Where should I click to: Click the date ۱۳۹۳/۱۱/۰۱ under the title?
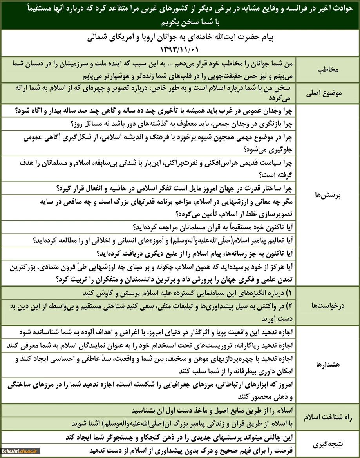point(180,49)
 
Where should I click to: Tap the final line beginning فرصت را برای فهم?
point(192,450)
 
